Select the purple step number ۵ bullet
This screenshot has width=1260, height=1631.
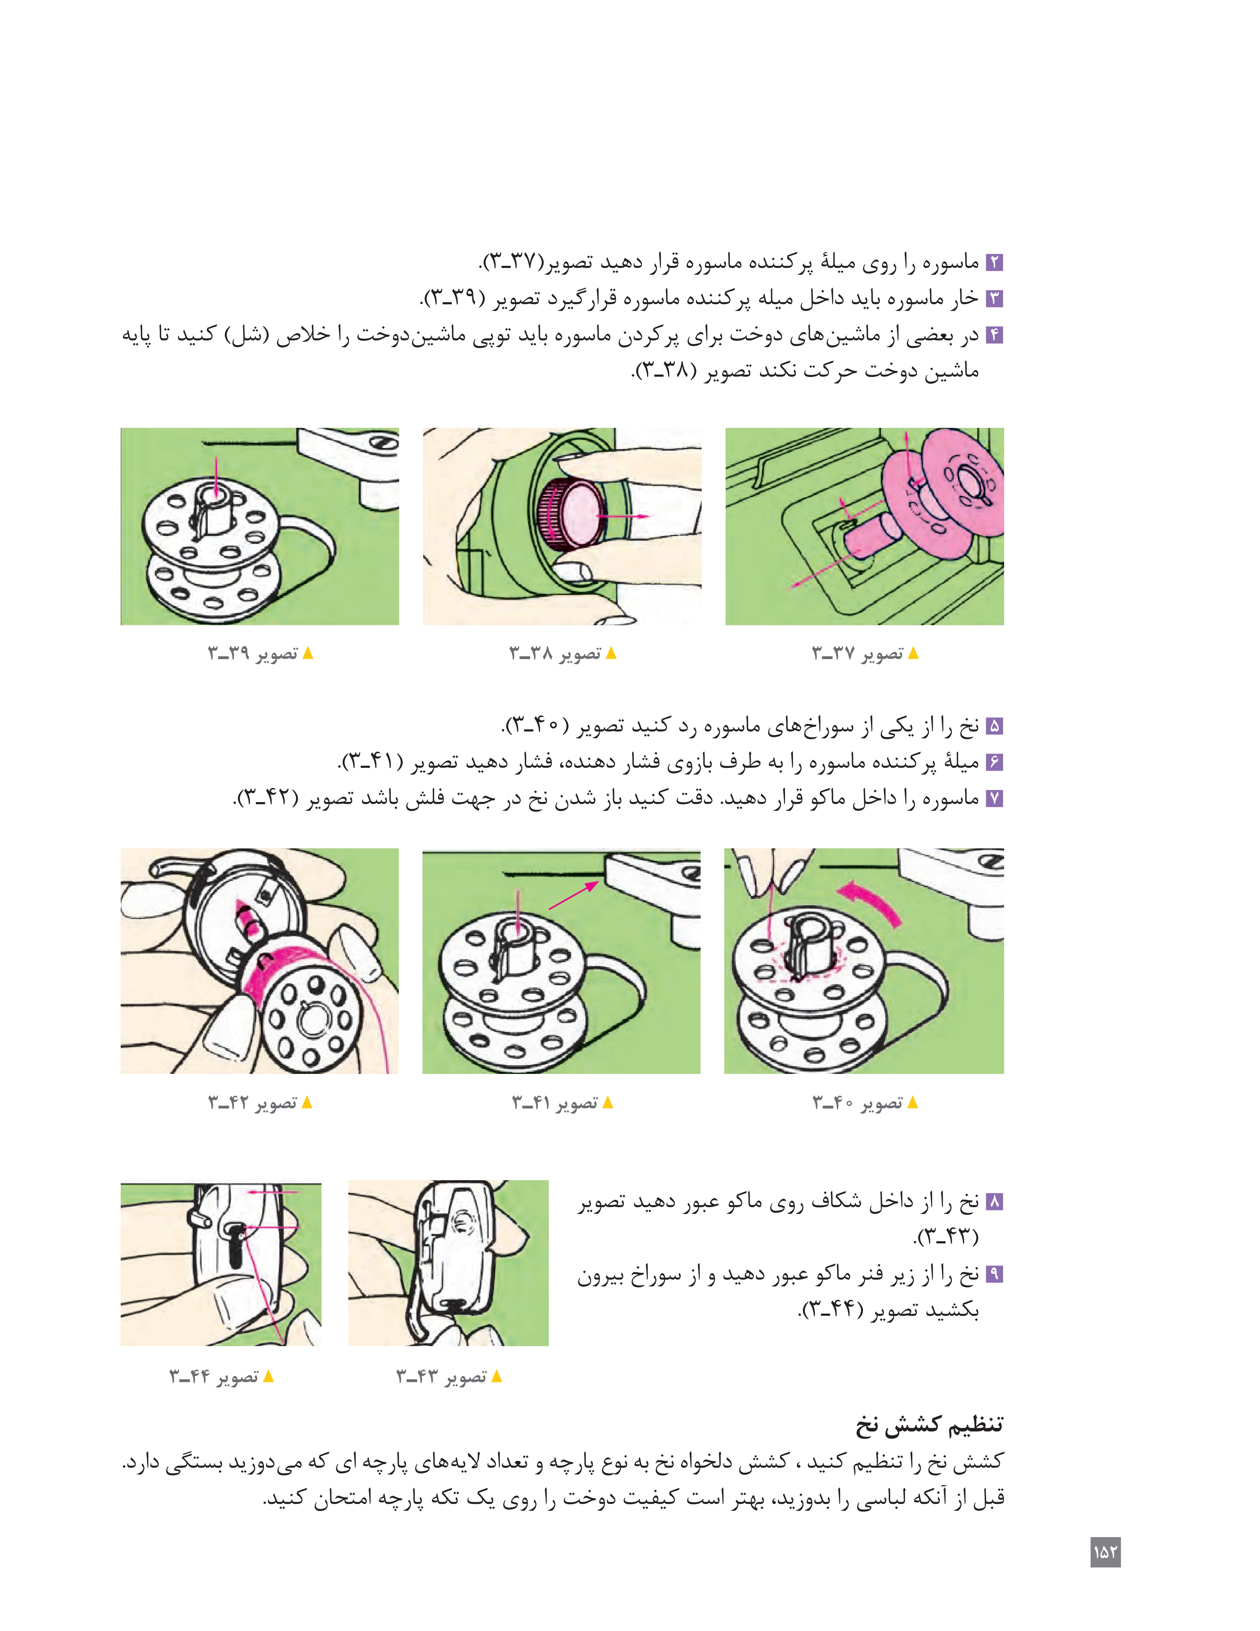pyautogui.click(x=994, y=726)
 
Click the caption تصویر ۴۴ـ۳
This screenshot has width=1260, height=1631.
pyautogui.click(x=215, y=1376)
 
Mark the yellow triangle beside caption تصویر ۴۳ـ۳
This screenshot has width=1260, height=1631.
pyautogui.click(x=496, y=1376)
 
